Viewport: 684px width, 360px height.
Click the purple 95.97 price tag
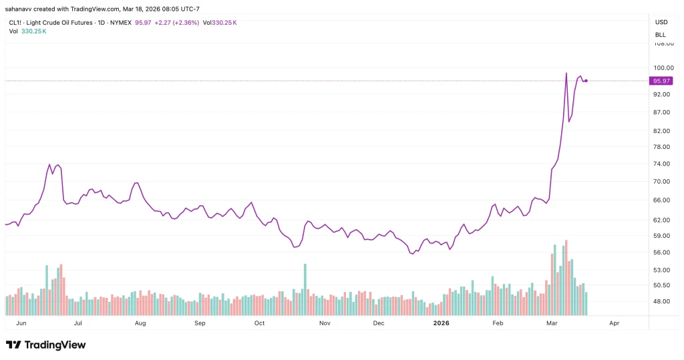(x=661, y=81)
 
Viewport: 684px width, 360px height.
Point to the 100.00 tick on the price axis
(x=661, y=67)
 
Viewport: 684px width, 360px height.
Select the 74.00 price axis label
(x=661, y=164)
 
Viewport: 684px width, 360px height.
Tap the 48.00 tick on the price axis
(x=661, y=301)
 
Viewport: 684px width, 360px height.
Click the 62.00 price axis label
(x=661, y=220)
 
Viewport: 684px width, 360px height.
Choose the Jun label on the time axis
(x=20, y=323)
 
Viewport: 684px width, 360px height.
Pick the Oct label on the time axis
(x=259, y=323)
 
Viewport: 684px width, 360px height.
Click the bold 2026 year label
(x=441, y=323)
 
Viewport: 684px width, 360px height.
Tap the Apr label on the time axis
(x=615, y=323)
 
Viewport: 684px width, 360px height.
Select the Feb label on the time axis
(x=498, y=323)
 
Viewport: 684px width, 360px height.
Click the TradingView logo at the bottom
(x=45, y=345)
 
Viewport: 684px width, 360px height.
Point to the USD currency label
(x=661, y=22)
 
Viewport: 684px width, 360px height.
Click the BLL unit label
(x=661, y=35)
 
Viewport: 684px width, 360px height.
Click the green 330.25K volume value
(x=35, y=31)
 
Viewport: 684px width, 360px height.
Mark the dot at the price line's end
(x=586, y=81)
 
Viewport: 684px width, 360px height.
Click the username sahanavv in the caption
(x=19, y=9)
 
